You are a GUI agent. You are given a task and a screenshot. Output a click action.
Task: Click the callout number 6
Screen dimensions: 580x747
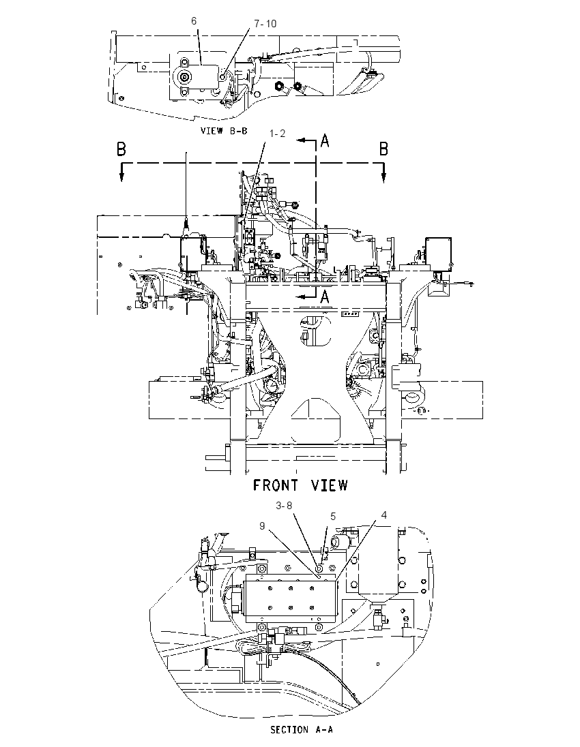[x=194, y=21]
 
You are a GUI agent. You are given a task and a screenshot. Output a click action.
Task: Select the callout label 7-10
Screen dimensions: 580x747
[x=265, y=24]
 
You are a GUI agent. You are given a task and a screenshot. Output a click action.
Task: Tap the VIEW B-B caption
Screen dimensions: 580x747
[x=224, y=131]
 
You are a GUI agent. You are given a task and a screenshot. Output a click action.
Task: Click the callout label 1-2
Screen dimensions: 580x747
[x=278, y=134]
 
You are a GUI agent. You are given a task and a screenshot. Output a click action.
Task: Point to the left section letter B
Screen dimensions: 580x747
[x=121, y=149]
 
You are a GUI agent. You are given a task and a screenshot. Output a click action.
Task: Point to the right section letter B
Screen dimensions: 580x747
[x=383, y=149]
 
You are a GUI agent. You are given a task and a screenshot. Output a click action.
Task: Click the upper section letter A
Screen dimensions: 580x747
[x=324, y=140]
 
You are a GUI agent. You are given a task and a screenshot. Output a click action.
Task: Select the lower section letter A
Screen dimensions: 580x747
[x=324, y=296]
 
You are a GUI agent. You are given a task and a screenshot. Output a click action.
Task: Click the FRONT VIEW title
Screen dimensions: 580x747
[x=300, y=485]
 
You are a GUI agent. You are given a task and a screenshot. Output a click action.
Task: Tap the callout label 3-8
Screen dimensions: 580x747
[x=284, y=506]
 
